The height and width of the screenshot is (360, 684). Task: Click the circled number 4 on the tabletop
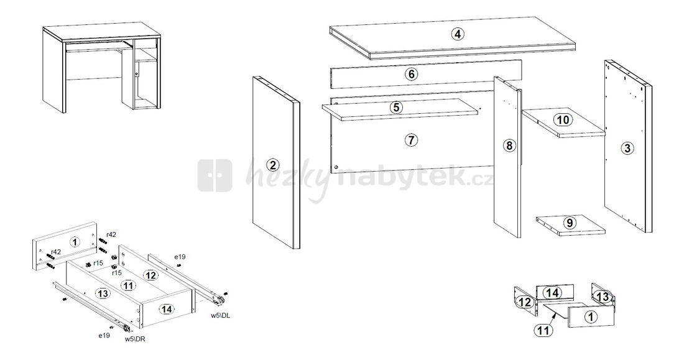point(458,34)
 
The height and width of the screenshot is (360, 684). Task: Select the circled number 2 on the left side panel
point(272,165)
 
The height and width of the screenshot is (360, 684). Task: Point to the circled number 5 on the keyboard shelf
point(396,107)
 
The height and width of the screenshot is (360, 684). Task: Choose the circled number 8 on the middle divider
point(509,145)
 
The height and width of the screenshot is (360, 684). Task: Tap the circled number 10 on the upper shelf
point(562,120)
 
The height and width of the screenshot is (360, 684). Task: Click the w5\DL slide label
point(221,316)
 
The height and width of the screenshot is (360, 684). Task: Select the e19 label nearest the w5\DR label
point(103,335)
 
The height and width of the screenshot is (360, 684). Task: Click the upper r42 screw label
point(111,234)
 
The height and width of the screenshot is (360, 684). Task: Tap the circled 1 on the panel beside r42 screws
point(75,242)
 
